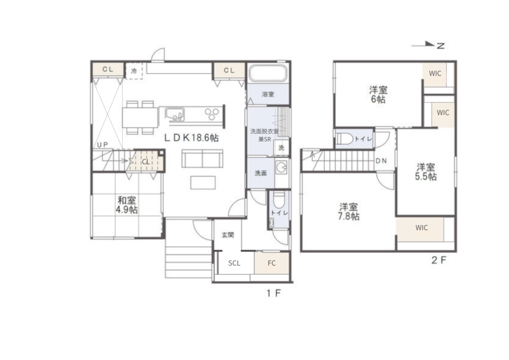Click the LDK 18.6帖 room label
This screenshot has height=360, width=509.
click(x=191, y=138)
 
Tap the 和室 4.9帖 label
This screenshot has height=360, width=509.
click(x=127, y=205)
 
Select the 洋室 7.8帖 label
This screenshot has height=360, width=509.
click(x=348, y=212)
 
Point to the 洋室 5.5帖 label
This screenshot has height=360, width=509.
click(x=426, y=172)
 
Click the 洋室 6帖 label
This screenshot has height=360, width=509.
click(x=378, y=95)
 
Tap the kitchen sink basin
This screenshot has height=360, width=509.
click(x=174, y=114)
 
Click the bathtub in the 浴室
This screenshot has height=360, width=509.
click(x=268, y=73)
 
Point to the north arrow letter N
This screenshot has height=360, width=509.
click(x=440, y=46)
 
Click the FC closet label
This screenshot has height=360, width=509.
click(x=272, y=263)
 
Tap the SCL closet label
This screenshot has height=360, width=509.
click(x=234, y=263)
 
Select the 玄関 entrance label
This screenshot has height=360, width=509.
click(x=228, y=235)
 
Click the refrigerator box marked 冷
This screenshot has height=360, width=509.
click(x=134, y=71)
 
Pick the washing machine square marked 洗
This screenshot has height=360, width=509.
click(x=281, y=148)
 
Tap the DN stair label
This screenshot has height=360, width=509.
click(x=381, y=161)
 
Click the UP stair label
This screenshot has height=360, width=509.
click(x=102, y=145)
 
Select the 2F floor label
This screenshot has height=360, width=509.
click(x=439, y=260)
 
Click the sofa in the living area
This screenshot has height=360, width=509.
click(x=203, y=159)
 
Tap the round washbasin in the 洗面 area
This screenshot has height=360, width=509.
click(x=281, y=168)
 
